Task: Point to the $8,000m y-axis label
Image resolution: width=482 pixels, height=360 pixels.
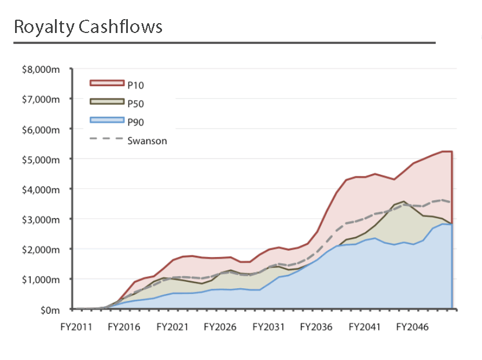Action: coord(41,69)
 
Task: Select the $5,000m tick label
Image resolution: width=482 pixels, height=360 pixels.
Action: coord(41,159)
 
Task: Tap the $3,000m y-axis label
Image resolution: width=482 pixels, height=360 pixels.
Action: coord(41,219)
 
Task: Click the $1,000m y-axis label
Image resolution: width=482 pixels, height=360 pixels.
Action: coord(41,280)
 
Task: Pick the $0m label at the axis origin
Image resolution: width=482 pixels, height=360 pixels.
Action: coord(50,310)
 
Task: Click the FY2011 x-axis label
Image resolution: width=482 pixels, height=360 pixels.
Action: coord(76,327)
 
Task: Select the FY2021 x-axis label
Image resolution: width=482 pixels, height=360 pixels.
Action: coord(172,327)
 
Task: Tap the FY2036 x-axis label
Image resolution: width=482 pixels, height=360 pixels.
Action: coord(317,327)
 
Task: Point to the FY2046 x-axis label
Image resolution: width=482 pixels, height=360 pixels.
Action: coord(413,327)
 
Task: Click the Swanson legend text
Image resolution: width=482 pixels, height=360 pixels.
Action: coord(147,141)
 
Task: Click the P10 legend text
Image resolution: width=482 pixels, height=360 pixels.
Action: coord(136,85)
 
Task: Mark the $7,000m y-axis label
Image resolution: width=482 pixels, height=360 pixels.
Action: coord(41,100)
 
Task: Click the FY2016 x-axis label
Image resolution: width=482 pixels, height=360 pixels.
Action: coord(124,327)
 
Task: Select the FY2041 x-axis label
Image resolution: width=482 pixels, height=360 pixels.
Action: coord(365,327)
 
